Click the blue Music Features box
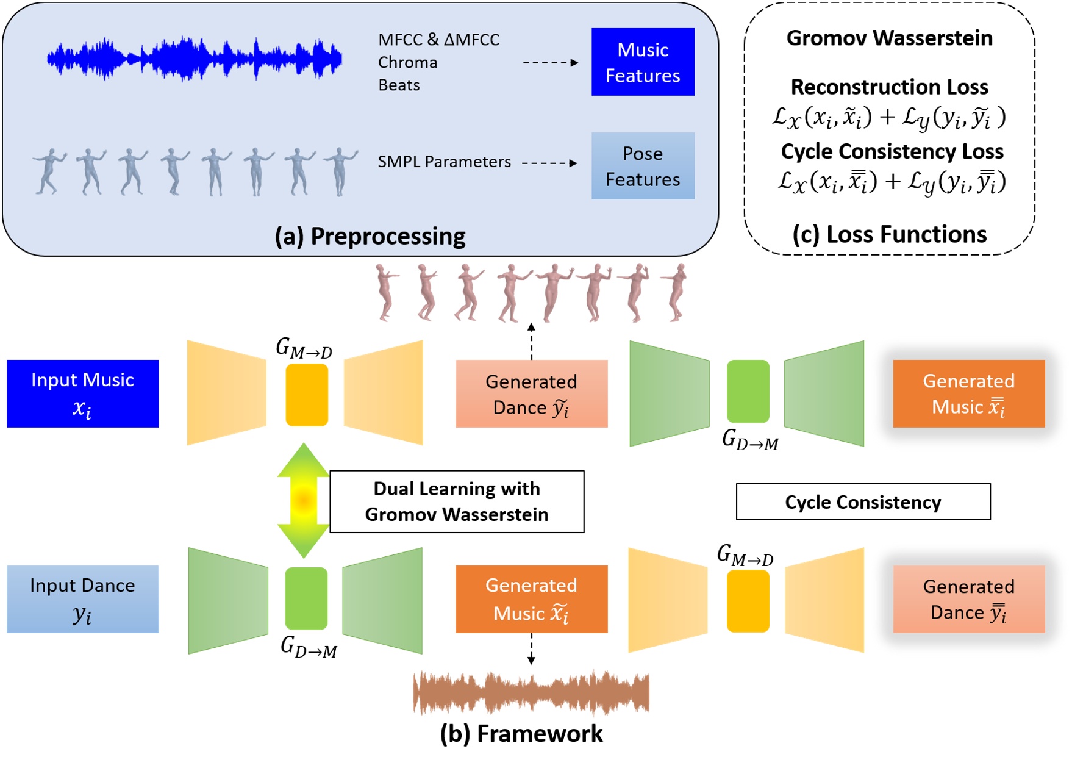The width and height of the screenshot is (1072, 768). click(x=643, y=62)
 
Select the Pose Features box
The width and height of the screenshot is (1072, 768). click(x=643, y=166)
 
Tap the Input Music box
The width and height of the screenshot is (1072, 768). click(x=83, y=393)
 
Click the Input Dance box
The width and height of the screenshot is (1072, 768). click(x=83, y=599)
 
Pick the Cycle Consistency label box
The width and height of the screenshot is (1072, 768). click(x=863, y=502)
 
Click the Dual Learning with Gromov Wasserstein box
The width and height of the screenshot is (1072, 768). click(x=457, y=501)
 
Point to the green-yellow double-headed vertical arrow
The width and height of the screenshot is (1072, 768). click(x=304, y=501)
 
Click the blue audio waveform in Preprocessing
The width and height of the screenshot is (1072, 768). click(x=195, y=59)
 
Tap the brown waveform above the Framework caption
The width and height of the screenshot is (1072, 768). click(x=531, y=692)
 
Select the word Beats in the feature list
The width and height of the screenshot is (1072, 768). click(x=399, y=85)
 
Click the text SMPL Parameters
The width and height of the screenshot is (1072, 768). click(x=444, y=162)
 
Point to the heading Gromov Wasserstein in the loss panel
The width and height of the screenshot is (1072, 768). click(x=889, y=38)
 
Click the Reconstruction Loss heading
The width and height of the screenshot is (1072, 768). click(x=889, y=87)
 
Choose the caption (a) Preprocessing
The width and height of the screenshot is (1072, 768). click(x=370, y=236)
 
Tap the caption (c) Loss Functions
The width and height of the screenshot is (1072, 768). click(x=889, y=234)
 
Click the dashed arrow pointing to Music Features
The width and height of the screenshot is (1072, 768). click(x=551, y=62)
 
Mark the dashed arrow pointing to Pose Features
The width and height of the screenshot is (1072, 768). click(x=549, y=163)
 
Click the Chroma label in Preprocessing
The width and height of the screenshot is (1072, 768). click(x=407, y=62)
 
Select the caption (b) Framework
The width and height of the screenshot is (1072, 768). click(x=521, y=734)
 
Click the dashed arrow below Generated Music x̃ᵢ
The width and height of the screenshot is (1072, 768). click(x=531, y=648)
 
